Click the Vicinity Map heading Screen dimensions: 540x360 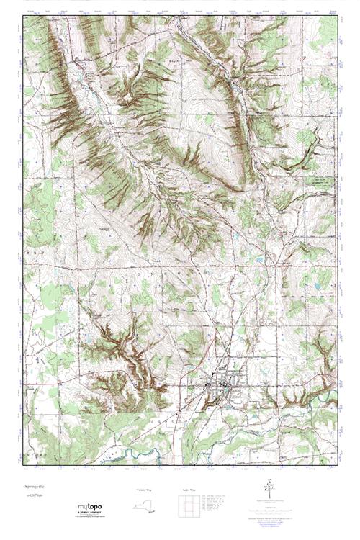click(x=145, y=490)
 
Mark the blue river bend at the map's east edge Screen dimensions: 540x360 click(x=328, y=395)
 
